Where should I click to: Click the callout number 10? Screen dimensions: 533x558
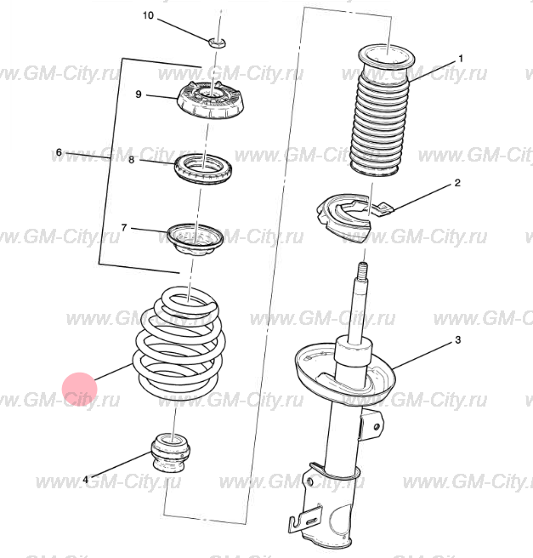click(x=148, y=15)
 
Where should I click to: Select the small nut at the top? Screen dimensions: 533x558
click(x=217, y=43)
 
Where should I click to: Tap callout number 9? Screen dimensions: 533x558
click(x=139, y=94)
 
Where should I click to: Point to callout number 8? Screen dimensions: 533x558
click(x=132, y=160)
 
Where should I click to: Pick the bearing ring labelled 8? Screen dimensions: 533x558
click(x=203, y=168)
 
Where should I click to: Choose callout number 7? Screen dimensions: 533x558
click(x=124, y=227)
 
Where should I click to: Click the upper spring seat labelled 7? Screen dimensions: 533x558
click(x=196, y=239)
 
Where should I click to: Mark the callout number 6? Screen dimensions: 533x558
click(x=59, y=152)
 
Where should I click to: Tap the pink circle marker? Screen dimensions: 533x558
click(x=80, y=390)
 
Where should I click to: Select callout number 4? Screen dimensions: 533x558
click(x=85, y=480)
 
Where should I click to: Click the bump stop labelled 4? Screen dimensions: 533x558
click(x=171, y=452)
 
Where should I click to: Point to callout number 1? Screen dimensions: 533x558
click(x=462, y=59)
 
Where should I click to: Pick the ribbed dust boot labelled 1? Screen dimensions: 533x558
click(x=383, y=111)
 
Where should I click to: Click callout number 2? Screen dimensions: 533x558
click(x=457, y=183)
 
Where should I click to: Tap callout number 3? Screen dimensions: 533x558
click(x=458, y=340)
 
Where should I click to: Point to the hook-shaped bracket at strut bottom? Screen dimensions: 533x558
click(x=306, y=520)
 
